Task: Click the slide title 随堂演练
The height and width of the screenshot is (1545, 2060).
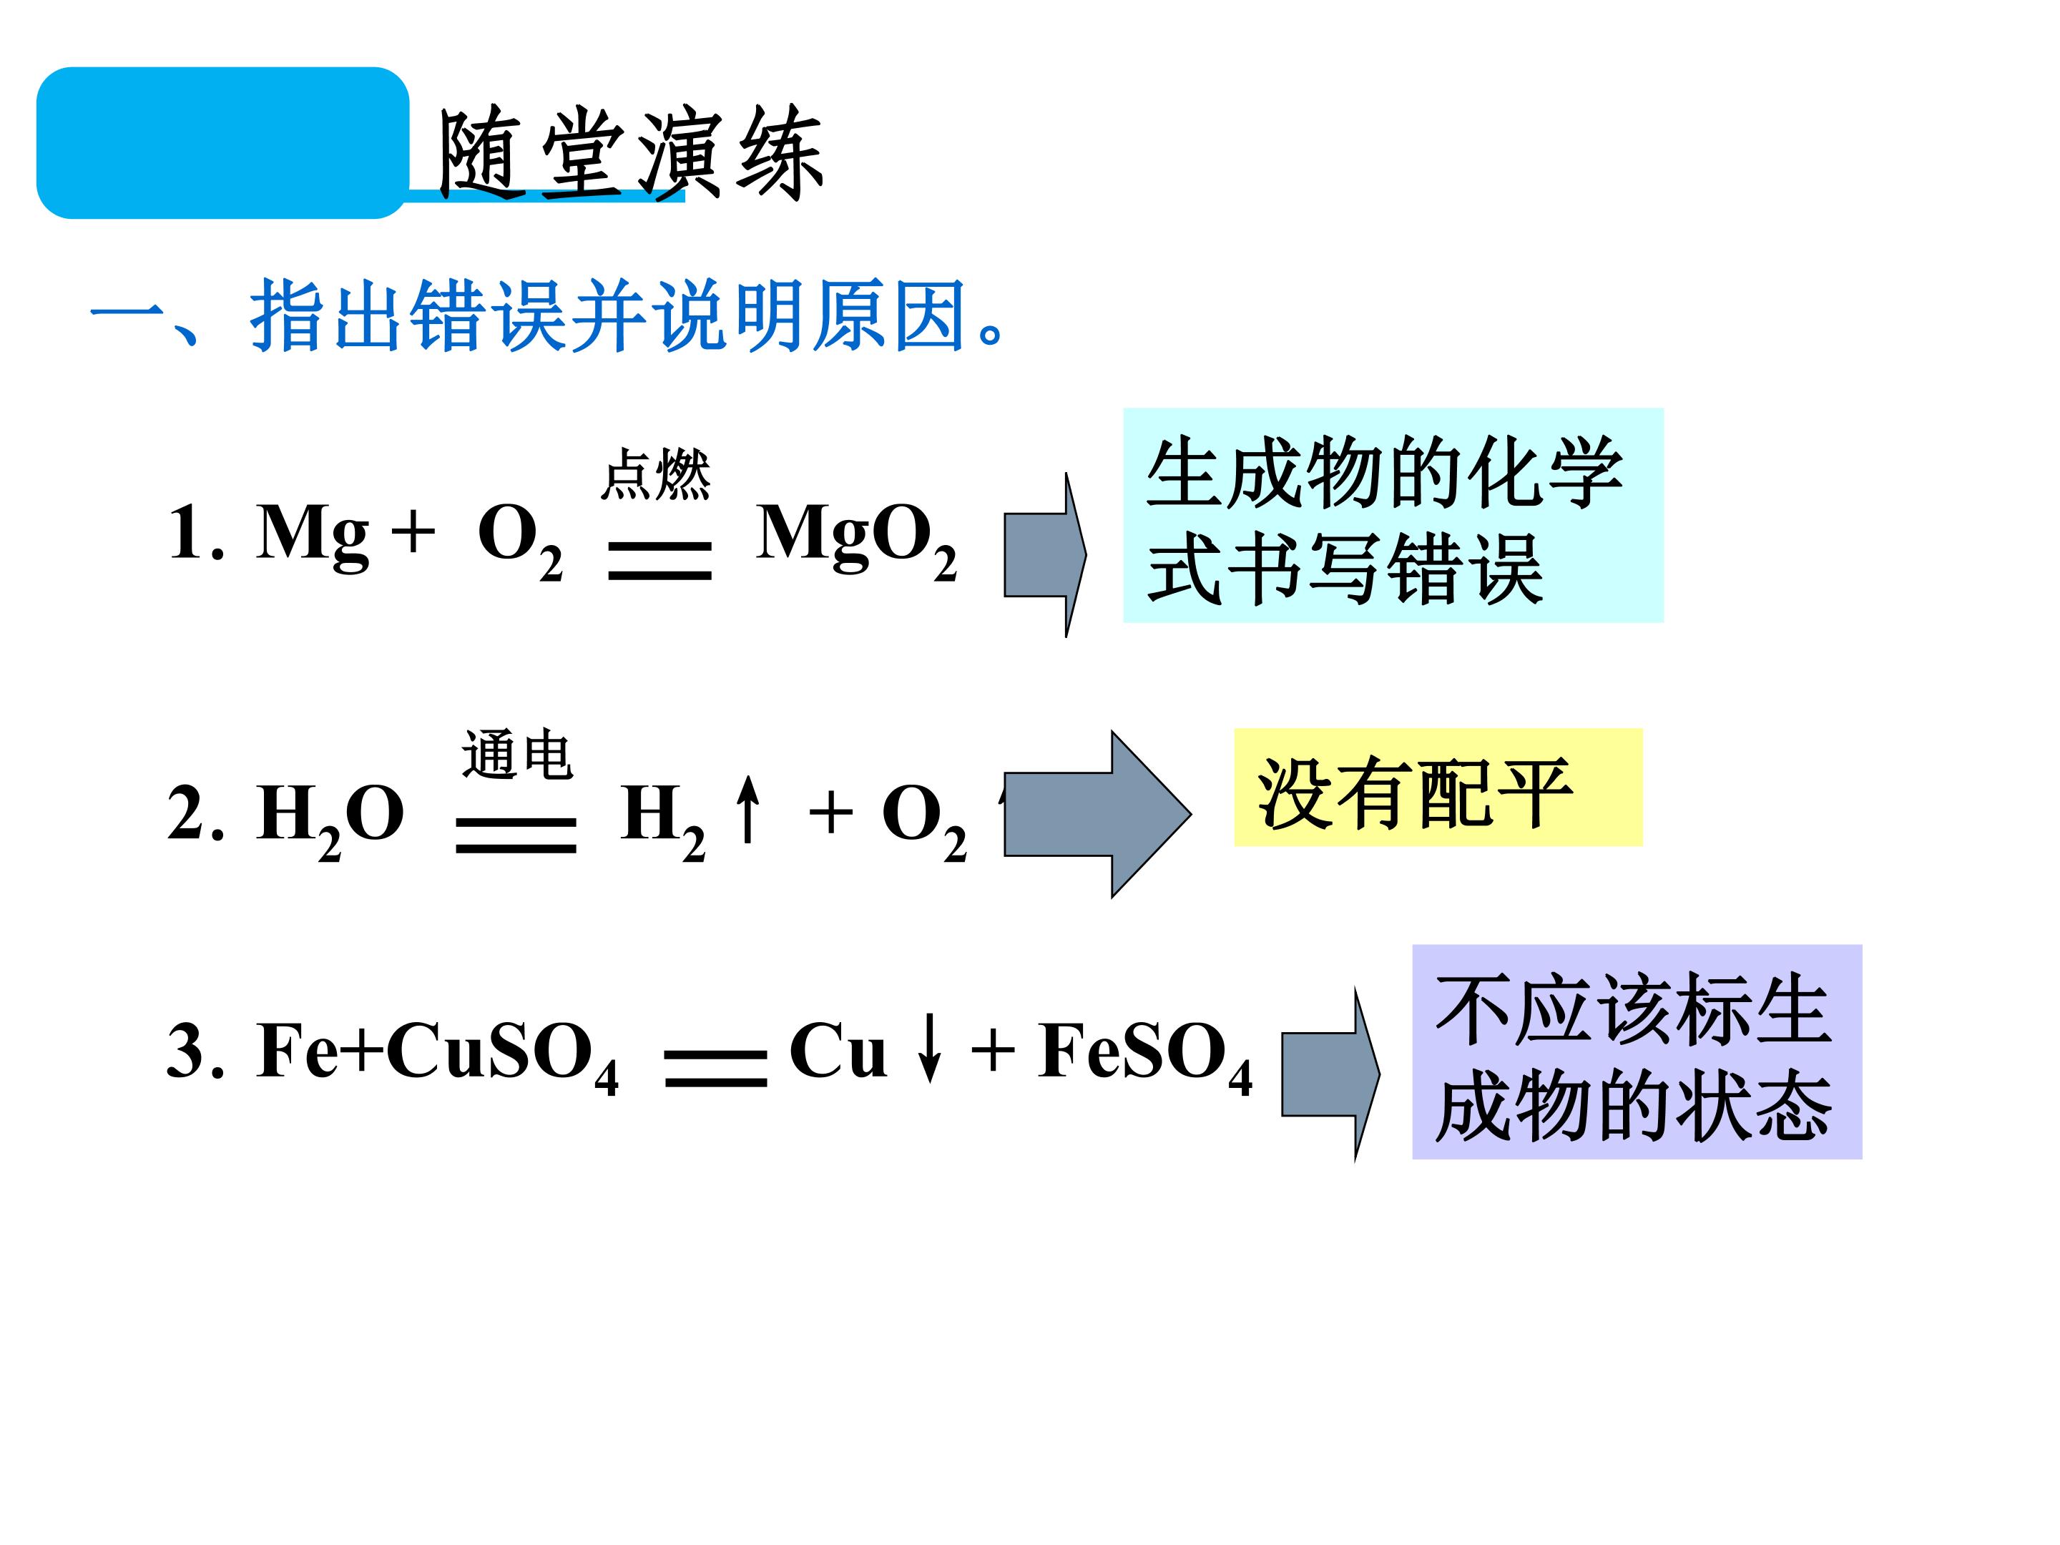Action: [x=630, y=154]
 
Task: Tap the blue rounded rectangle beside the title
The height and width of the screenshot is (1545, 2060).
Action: [x=222, y=142]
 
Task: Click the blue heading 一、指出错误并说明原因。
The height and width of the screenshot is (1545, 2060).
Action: [x=549, y=315]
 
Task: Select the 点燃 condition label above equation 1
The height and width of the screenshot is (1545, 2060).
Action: [x=656, y=474]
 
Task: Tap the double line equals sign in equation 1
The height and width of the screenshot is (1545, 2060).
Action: [x=659, y=561]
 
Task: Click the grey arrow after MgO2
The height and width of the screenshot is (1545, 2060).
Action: [x=1045, y=555]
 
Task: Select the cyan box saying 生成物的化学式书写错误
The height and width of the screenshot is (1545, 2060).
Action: [x=1393, y=515]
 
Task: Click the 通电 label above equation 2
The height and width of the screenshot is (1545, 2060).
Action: [x=518, y=755]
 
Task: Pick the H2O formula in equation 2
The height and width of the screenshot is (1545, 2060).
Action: [x=330, y=820]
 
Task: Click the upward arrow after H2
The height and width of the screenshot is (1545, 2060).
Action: [x=747, y=810]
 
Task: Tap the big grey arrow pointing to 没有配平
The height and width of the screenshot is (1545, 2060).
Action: [x=1098, y=814]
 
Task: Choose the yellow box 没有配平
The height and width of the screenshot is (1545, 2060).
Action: [x=1438, y=788]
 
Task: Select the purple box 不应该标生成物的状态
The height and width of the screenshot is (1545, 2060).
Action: [x=1637, y=1051]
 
